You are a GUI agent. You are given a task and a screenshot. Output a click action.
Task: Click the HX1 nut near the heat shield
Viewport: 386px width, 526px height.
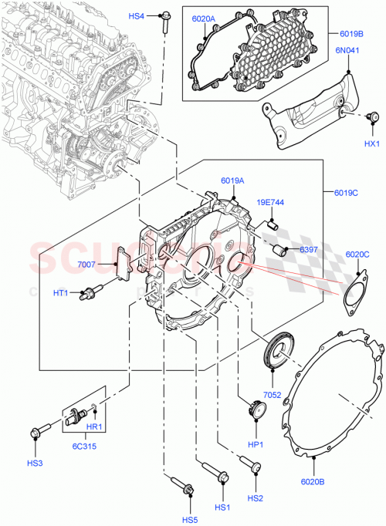[373, 116]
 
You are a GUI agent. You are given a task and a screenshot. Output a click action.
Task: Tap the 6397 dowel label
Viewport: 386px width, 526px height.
[309, 249]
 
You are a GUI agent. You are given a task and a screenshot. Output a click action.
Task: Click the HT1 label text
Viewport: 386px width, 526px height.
[83, 292]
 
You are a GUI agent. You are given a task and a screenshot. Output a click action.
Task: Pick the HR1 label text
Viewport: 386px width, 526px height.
[94, 427]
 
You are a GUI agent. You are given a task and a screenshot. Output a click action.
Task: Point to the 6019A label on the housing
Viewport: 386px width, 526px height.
[232, 181]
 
